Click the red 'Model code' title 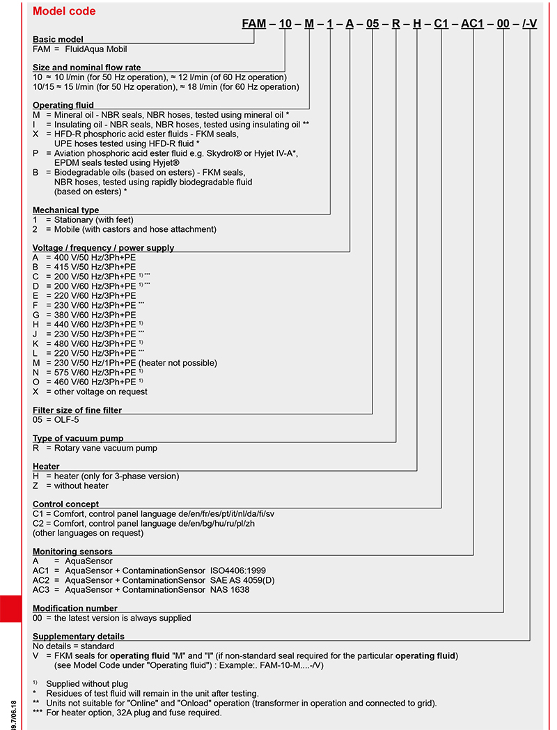(64, 11)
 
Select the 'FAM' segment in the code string (254, 24)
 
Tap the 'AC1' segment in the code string (473, 24)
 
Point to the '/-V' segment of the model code (530, 24)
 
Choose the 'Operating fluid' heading (63, 105)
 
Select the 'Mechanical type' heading (66, 210)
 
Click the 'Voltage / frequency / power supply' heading (104, 247)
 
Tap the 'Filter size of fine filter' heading (77, 410)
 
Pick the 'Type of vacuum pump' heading (78, 438)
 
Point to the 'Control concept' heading (66, 504)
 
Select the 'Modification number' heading (75, 608)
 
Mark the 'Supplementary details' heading (79, 636)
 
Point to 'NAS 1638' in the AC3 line (229, 589)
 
